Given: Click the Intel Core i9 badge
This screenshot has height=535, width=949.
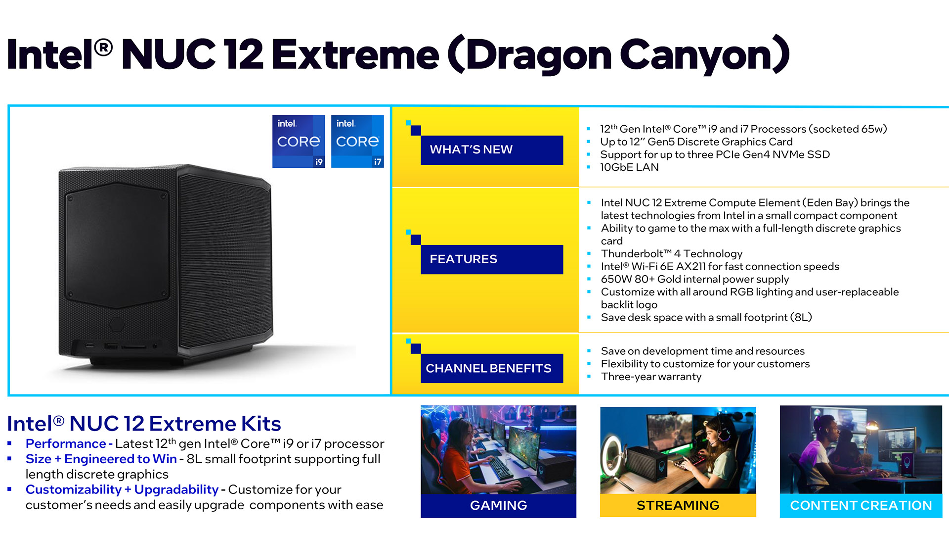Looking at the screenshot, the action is pyautogui.click(x=299, y=142).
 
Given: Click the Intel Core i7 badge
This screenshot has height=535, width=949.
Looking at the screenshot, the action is pyautogui.click(x=357, y=142).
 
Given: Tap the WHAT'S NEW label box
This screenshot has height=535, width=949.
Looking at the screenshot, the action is pyautogui.click(x=492, y=150).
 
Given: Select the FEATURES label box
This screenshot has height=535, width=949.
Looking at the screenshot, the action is pyautogui.click(x=492, y=259).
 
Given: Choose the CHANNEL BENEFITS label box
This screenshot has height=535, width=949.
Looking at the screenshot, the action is pyautogui.click(x=492, y=368).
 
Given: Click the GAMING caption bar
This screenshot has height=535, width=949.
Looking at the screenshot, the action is pyautogui.click(x=498, y=506).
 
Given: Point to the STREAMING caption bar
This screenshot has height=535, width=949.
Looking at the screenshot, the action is pyautogui.click(x=678, y=506).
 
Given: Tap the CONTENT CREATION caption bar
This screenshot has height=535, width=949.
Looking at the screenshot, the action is pyautogui.click(x=861, y=506).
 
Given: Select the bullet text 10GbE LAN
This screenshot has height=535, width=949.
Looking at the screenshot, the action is pyautogui.click(x=629, y=167).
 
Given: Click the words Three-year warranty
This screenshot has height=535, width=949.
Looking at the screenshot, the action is pyautogui.click(x=651, y=377).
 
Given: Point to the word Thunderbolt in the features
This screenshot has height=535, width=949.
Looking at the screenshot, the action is pyautogui.click(x=632, y=254).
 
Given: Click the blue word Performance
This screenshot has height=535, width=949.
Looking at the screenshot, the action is pyautogui.click(x=66, y=444).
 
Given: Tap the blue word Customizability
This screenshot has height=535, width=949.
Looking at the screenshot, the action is pyautogui.click(x=74, y=489).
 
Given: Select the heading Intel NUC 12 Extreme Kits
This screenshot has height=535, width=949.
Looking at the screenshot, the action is pyautogui.click(x=144, y=424).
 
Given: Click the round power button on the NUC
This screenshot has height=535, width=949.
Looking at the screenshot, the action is pyautogui.click(x=117, y=324).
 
